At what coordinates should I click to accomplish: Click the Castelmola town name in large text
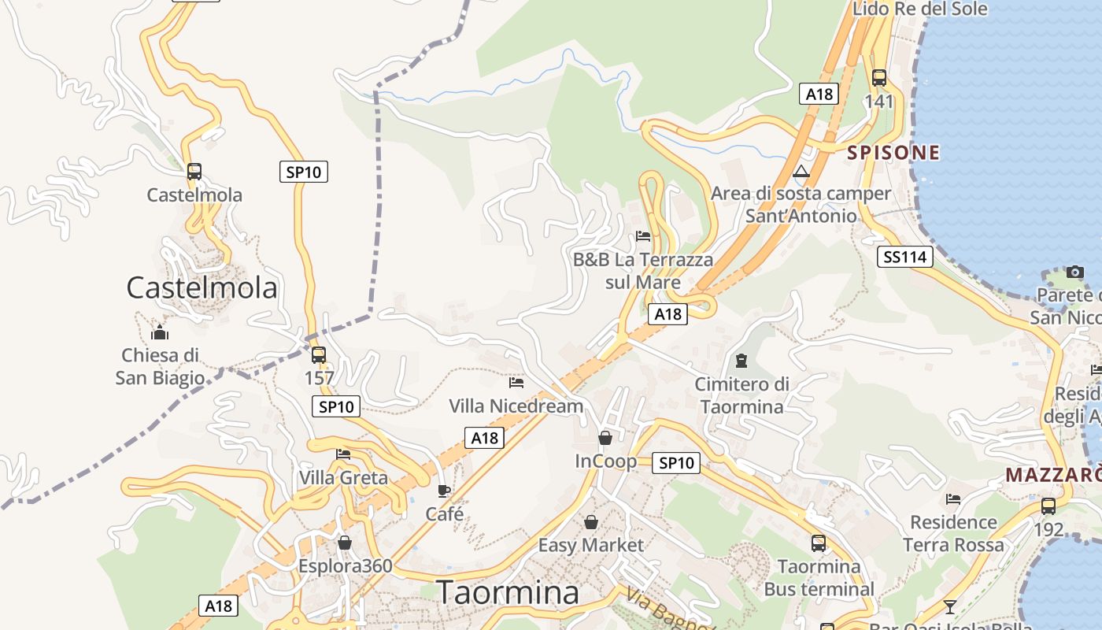click(202, 288)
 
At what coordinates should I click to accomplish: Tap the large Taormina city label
click(508, 592)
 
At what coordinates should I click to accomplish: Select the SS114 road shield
click(905, 257)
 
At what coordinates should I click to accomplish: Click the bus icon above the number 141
click(879, 78)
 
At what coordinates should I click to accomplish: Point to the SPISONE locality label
click(893, 153)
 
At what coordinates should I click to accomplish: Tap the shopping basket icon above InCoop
click(605, 438)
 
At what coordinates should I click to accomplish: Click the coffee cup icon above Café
click(444, 491)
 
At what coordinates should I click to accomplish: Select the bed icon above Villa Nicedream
click(516, 383)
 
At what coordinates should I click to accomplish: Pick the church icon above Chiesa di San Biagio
click(160, 332)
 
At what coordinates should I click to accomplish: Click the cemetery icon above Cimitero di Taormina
click(741, 361)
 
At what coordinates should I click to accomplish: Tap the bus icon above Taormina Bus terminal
click(819, 543)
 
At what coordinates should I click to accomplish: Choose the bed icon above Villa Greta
click(343, 454)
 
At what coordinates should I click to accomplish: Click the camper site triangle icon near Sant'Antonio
click(801, 172)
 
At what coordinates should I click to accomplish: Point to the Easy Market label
click(590, 545)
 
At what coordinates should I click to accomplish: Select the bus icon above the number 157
click(318, 355)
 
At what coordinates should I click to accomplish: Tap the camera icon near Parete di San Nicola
click(1075, 272)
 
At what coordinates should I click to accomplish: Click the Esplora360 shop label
click(345, 565)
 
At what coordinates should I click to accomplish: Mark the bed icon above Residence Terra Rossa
click(953, 499)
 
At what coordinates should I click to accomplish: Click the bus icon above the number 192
click(1048, 506)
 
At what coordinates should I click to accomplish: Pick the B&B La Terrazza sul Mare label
click(643, 270)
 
